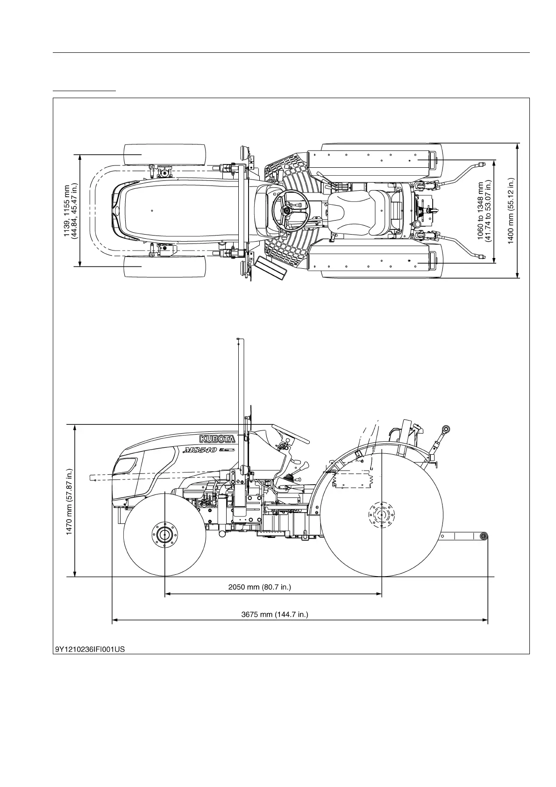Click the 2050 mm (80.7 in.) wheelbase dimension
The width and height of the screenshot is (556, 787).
coord(259,587)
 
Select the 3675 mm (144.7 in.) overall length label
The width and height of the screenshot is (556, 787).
coord(274,614)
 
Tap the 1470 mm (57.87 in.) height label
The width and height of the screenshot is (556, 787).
coord(70,501)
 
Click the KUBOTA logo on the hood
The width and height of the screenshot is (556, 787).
coord(217,439)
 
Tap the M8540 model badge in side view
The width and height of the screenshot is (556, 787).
coord(200,451)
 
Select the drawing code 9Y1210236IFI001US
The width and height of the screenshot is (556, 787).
coord(90,649)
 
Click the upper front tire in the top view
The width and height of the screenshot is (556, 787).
coord(164,154)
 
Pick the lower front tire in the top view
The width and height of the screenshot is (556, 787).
coord(164,266)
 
